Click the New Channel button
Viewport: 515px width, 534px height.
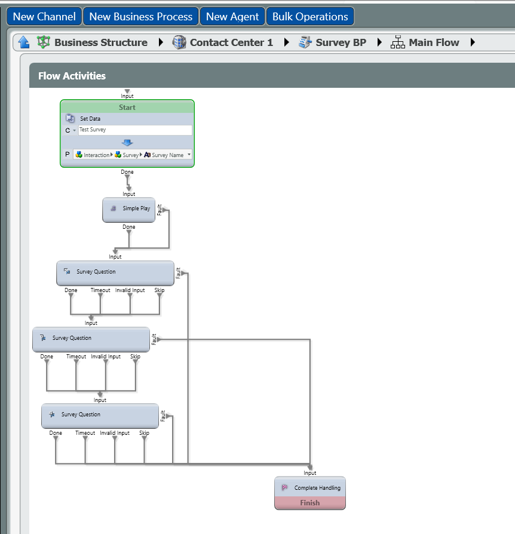(x=44, y=17)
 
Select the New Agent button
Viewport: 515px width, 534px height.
(x=232, y=17)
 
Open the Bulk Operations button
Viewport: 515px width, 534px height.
(x=310, y=17)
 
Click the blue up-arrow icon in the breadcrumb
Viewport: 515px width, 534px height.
(x=24, y=42)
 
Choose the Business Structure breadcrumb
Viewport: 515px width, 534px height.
(x=100, y=42)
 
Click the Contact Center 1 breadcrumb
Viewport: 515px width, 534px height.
(x=231, y=42)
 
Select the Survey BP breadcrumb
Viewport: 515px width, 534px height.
(x=341, y=42)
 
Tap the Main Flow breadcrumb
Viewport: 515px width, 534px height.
(x=434, y=42)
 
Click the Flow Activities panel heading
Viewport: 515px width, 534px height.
(x=72, y=76)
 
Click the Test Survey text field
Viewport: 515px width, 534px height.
(x=135, y=130)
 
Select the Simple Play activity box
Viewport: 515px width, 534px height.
(x=128, y=209)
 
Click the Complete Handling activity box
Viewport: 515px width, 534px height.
(x=310, y=487)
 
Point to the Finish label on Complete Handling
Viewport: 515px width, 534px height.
(x=310, y=503)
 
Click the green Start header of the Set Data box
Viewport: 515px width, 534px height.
(x=127, y=108)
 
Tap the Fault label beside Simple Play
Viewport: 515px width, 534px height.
(x=160, y=209)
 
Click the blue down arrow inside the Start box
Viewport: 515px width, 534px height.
(x=127, y=143)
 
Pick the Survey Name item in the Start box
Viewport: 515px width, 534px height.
(x=167, y=155)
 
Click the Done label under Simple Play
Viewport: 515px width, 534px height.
(x=129, y=227)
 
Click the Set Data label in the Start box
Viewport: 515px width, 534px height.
(x=90, y=119)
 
